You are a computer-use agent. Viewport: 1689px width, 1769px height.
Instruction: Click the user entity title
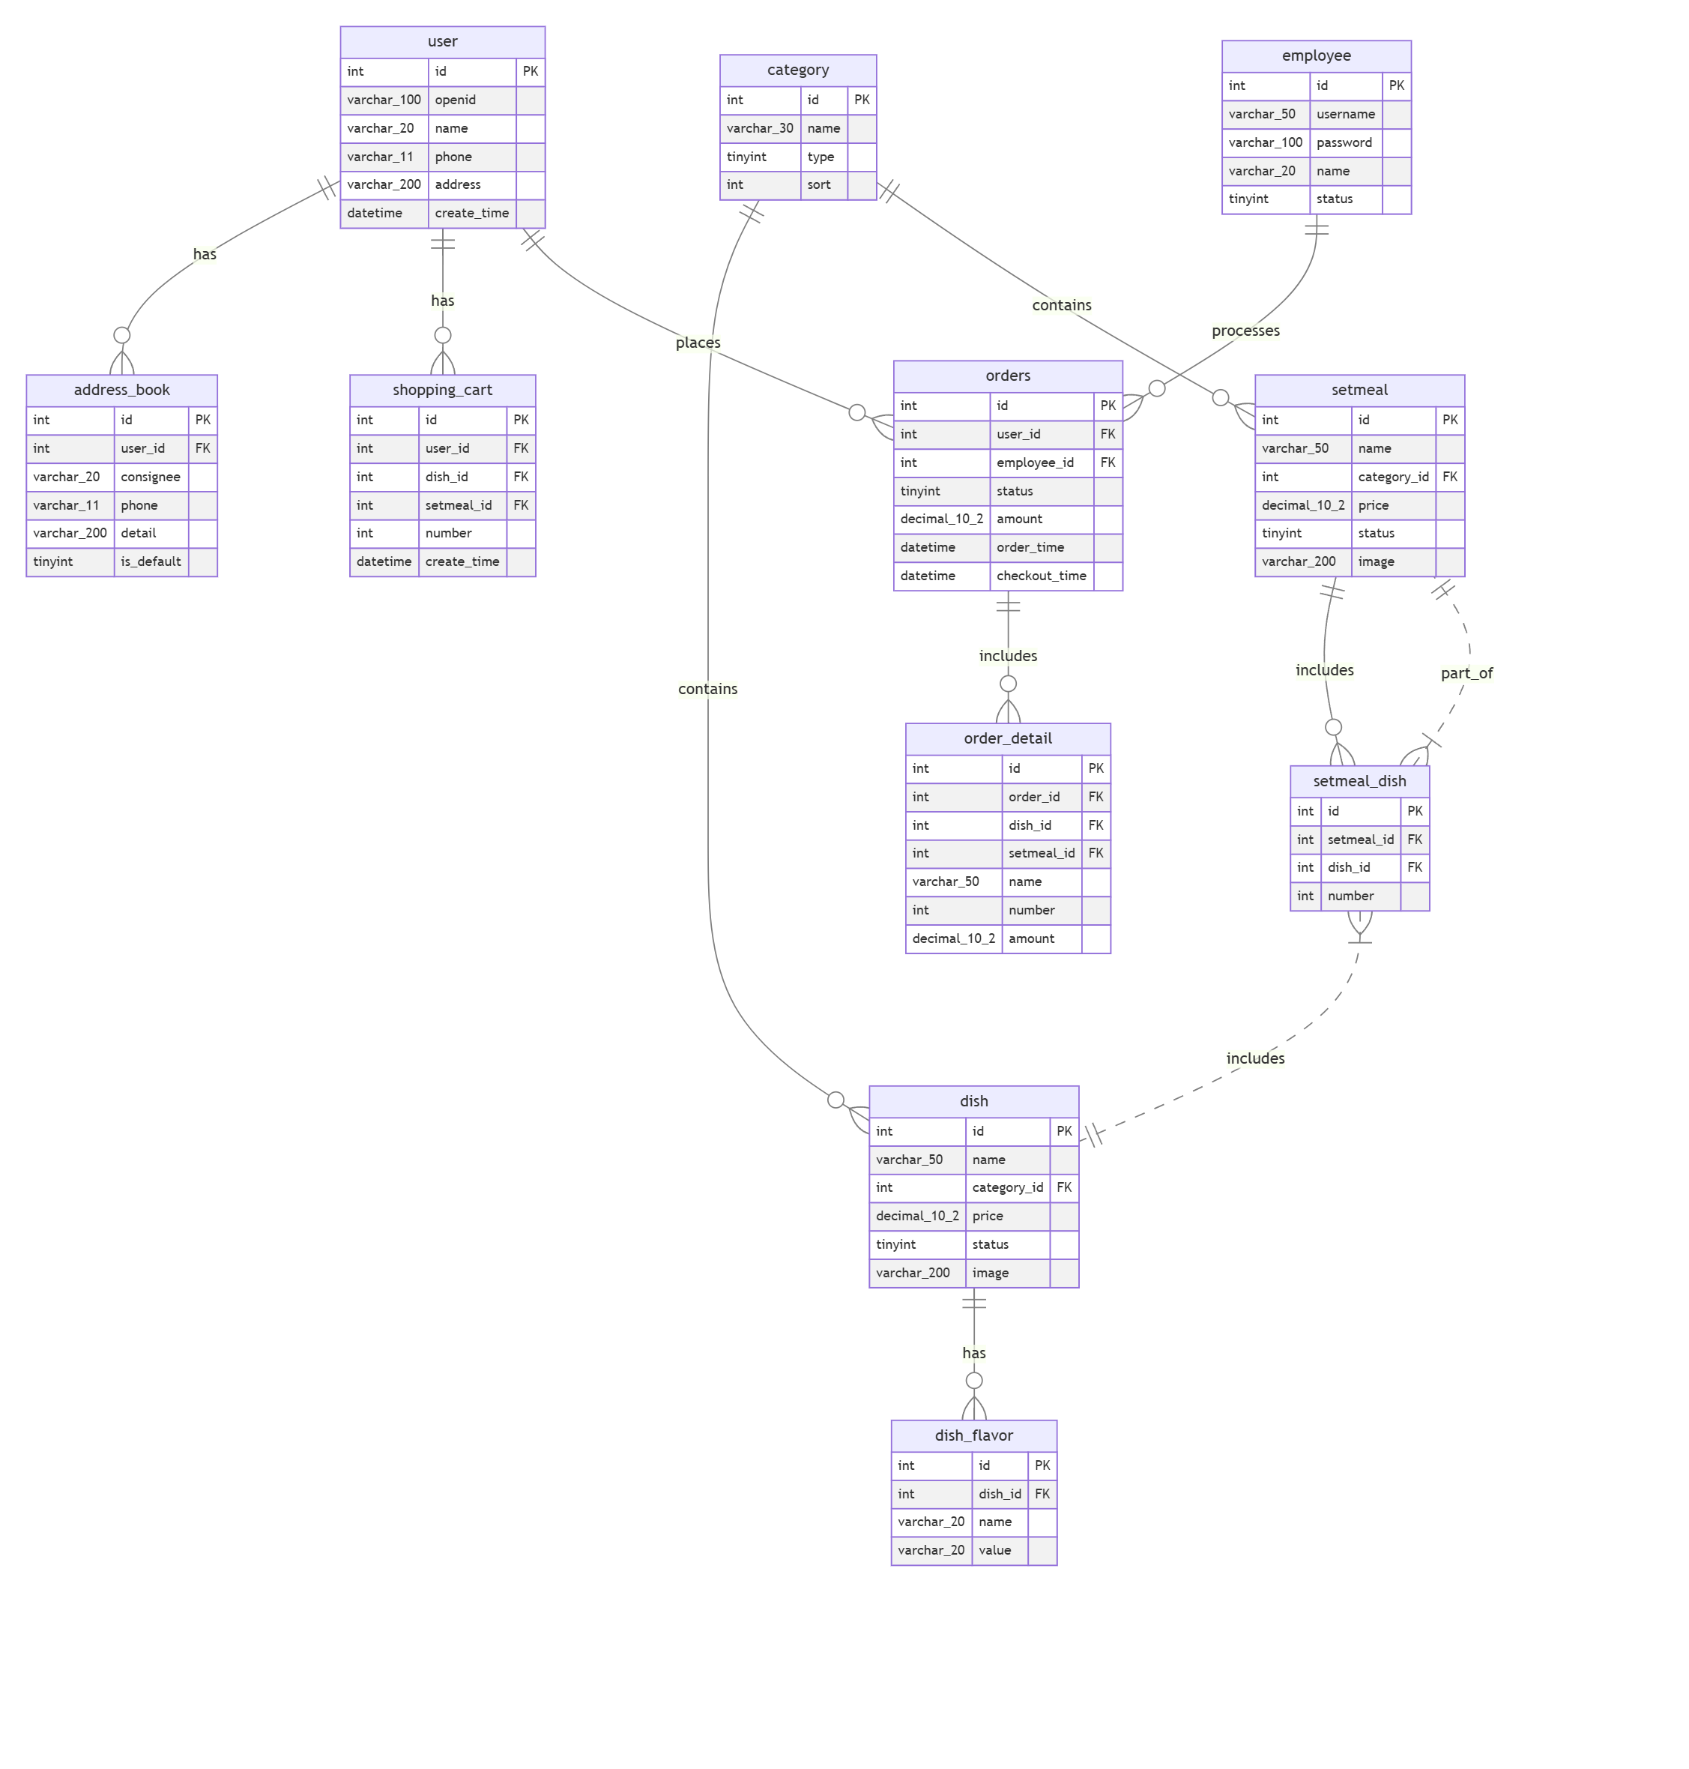coord(442,41)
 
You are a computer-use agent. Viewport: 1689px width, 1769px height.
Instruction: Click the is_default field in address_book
coord(151,561)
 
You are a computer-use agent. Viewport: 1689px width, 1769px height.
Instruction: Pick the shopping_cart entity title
coord(442,390)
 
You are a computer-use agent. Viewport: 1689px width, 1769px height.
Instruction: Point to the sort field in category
coord(818,184)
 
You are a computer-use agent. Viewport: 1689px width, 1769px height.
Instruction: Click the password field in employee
coord(1344,142)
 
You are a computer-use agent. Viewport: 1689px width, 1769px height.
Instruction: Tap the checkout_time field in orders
coord(1041,576)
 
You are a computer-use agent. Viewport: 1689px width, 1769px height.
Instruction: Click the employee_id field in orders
coord(1035,462)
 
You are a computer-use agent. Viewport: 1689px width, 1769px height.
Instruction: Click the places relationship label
coord(698,343)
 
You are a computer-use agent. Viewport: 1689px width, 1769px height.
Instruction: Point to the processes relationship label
coord(1245,331)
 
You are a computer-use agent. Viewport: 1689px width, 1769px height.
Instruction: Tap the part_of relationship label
coord(1466,673)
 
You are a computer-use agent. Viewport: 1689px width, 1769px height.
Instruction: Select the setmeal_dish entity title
coord(1359,781)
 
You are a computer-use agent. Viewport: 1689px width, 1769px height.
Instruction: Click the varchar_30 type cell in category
coord(760,128)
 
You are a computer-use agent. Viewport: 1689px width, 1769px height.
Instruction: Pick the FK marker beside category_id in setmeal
coord(1449,477)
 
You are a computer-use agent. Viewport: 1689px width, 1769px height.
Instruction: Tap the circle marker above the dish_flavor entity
coord(973,1381)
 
